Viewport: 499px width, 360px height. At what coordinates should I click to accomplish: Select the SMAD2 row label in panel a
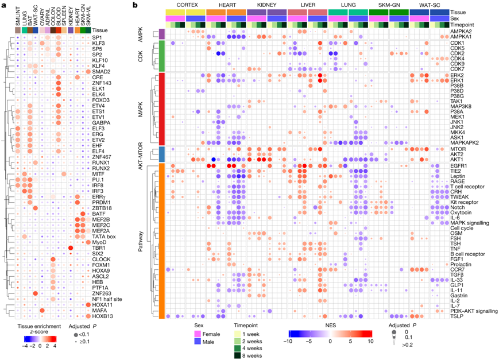click(x=102, y=72)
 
